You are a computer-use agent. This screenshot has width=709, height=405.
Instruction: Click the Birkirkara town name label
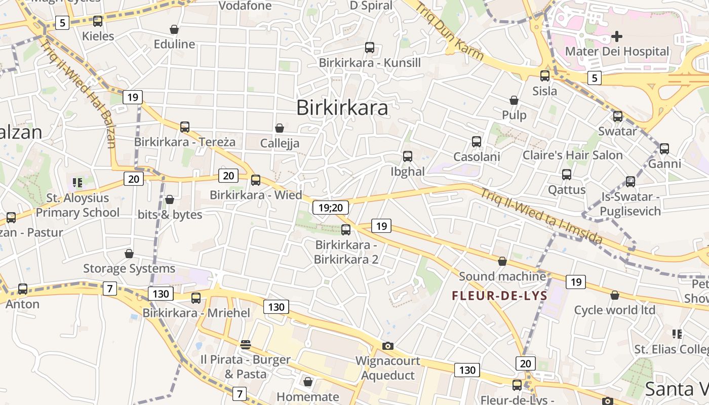click(x=342, y=108)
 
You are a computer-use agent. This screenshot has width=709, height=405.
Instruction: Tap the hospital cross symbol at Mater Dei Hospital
click(x=617, y=36)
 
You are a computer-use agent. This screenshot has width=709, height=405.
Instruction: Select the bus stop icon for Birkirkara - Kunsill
click(x=370, y=48)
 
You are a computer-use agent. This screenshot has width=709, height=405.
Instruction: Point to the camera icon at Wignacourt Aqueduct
click(x=388, y=346)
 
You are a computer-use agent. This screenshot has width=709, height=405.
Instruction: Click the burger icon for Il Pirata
click(x=246, y=345)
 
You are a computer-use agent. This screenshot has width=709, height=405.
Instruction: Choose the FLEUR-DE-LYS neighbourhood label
click(x=499, y=296)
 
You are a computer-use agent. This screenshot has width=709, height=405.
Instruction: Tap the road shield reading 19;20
click(x=331, y=207)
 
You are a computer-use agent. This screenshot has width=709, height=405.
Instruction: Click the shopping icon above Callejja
click(x=279, y=128)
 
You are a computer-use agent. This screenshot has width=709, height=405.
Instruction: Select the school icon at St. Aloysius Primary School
click(x=77, y=182)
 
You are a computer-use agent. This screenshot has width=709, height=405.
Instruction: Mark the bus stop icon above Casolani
click(x=477, y=142)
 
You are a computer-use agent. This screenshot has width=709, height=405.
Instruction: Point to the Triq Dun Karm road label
click(x=449, y=31)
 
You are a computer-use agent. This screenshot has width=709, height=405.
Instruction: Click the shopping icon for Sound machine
click(x=502, y=261)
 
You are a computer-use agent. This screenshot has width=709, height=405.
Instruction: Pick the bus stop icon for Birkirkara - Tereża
click(x=185, y=127)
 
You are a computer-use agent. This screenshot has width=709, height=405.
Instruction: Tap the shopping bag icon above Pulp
click(x=514, y=100)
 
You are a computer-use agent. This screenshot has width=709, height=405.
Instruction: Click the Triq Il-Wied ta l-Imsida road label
click(x=541, y=216)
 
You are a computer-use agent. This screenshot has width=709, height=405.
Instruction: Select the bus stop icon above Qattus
click(x=567, y=175)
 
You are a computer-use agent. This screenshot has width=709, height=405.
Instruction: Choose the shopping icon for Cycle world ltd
click(x=615, y=295)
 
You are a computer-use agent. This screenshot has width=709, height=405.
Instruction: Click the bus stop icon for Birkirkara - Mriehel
click(x=196, y=298)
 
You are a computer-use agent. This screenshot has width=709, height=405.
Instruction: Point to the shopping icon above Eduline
click(x=174, y=29)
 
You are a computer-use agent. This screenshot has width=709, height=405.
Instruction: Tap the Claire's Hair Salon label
click(x=572, y=155)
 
